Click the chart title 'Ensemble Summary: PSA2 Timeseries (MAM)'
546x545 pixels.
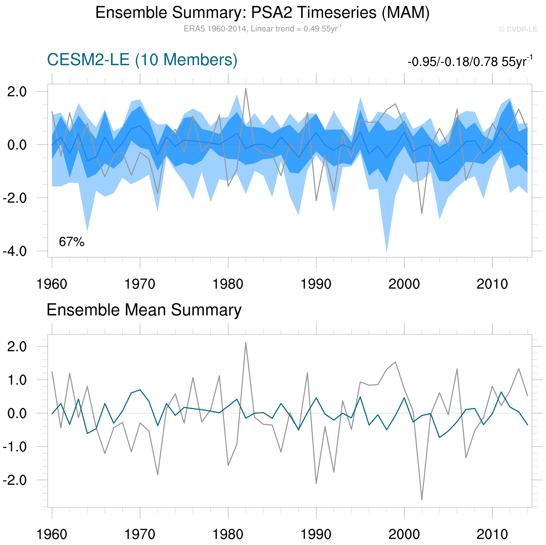tap(262, 13)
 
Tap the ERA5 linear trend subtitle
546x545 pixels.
tap(262, 29)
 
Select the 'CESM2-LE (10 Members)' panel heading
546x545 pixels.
tap(142, 60)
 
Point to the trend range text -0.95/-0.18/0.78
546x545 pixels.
tap(470, 61)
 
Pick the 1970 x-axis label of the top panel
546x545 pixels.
tap(140, 284)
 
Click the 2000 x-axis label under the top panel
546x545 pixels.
tap(404, 284)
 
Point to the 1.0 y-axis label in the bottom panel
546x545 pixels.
tap(17, 380)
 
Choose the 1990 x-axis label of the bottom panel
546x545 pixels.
tap(316, 534)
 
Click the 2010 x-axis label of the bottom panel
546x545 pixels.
tap(492, 534)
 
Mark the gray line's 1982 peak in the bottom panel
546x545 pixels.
tap(246, 343)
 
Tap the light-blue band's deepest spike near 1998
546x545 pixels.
tap(387, 251)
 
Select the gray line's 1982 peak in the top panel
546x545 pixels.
tap(246, 89)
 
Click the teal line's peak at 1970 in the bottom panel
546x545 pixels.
tap(140, 390)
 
